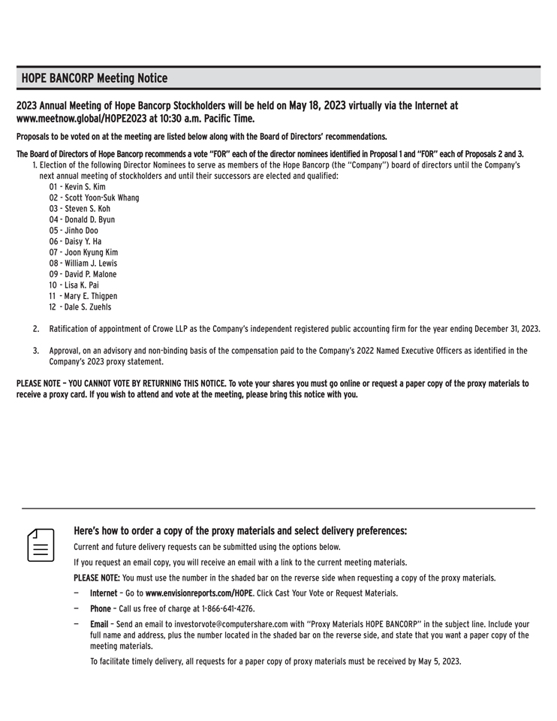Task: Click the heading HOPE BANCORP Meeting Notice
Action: pos(95,78)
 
